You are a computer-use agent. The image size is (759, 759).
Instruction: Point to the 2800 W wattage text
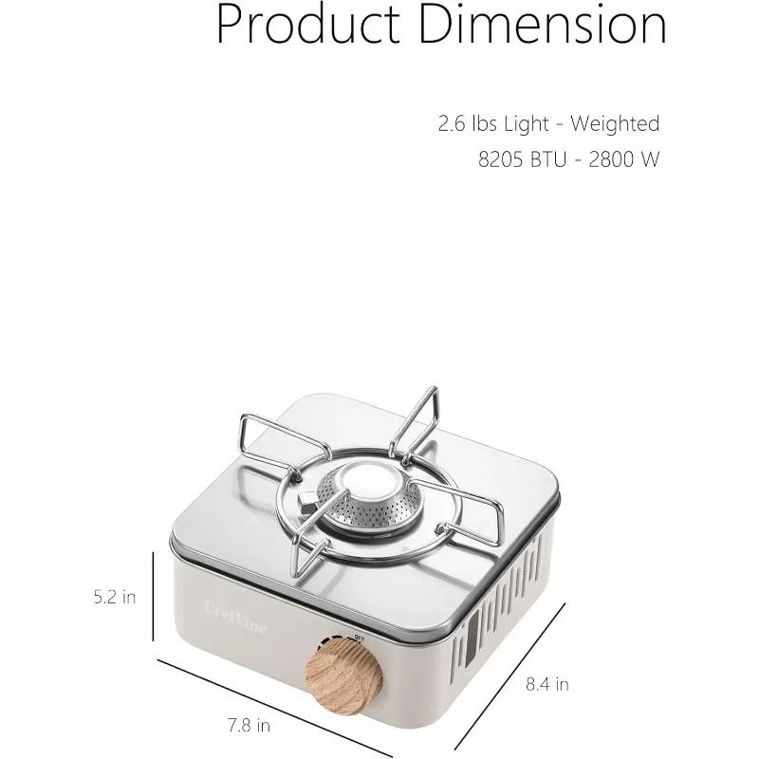tap(623, 159)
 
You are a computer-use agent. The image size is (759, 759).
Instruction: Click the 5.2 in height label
tap(115, 597)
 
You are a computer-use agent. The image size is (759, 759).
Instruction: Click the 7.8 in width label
tap(250, 726)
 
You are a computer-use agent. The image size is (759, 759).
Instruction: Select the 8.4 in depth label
tap(547, 683)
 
